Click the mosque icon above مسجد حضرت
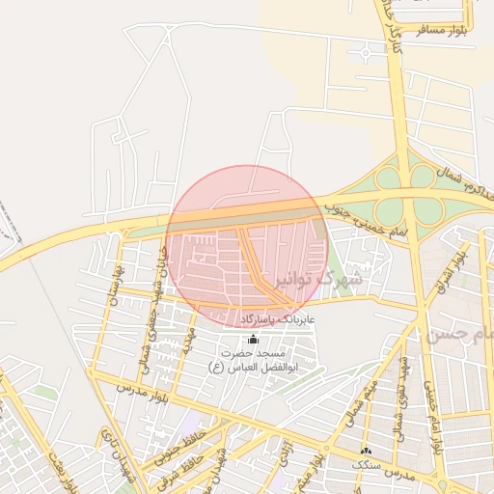point(254,340)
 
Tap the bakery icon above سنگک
point(366,451)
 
